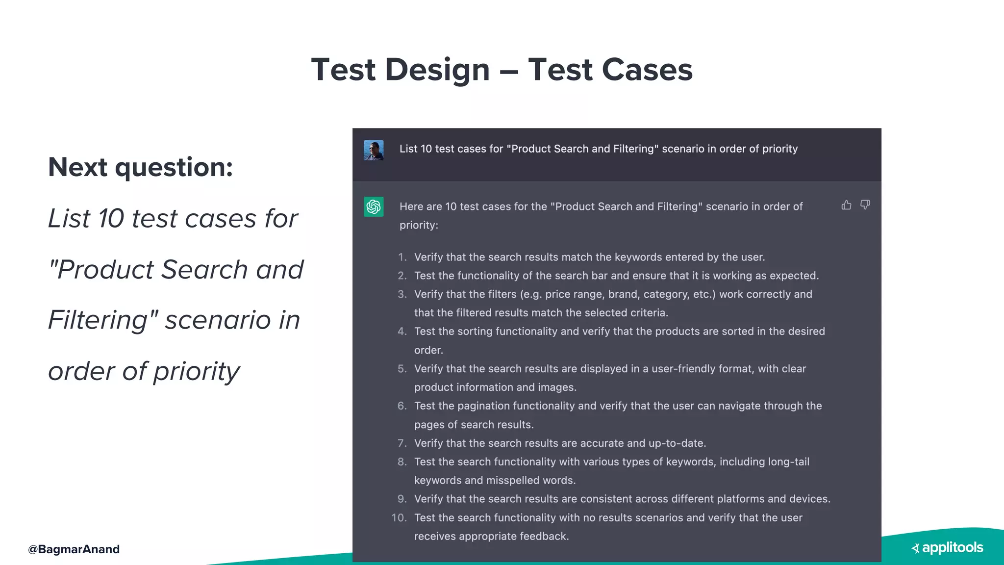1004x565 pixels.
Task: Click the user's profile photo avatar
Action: [374, 151]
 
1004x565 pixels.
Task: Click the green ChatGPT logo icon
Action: [374, 206]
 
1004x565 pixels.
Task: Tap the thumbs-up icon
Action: [846, 205]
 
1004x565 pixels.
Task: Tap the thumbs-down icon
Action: [865, 205]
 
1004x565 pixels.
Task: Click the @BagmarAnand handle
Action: [74, 549]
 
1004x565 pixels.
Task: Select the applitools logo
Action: [947, 547]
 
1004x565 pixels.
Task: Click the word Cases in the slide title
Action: [647, 70]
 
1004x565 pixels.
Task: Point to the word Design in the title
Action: [437, 70]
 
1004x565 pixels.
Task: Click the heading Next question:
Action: [141, 167]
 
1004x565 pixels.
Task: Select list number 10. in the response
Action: [399, 518]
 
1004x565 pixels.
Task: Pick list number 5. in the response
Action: [402, 369]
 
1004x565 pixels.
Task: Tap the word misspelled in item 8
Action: [510, 481]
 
